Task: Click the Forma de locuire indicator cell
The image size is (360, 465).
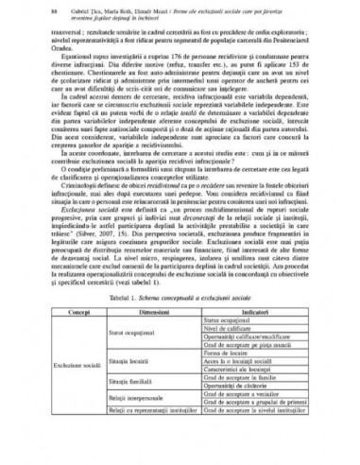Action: click(x=236, y=378)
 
